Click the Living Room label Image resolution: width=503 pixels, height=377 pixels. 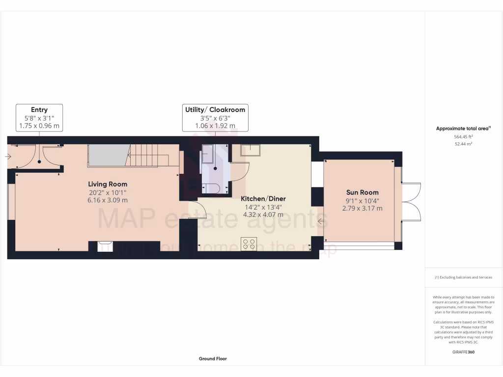[x=111, y=184]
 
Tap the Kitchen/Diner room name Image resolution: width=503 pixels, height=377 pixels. [x=263, y=199]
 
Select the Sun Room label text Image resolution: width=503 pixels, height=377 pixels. [x=362, y=192]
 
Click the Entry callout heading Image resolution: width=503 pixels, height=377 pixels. [x=39, y=109]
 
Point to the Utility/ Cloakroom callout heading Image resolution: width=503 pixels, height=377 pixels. [x=215, y=109]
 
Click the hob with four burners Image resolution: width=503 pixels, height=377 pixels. [x=249, y=243]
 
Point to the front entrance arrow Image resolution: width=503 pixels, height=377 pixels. [x=8, y=157]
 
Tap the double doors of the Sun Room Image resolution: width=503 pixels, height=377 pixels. [x=412, y=202]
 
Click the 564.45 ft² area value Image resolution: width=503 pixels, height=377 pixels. [x=464, y=137]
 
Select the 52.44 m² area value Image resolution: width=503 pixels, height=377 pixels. [x=464, y=144]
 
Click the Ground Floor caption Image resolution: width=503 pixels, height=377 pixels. [x=213, y=359]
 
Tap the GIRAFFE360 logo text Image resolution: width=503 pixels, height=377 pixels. [x=464, y=352]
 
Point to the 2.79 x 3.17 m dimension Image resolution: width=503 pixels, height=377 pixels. [x=362, y=208]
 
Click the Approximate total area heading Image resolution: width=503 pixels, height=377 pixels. [x=463, y=129]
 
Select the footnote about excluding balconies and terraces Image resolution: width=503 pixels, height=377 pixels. [x=463, y=277]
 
